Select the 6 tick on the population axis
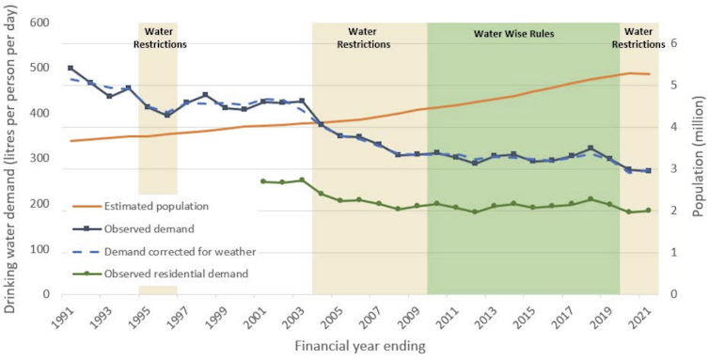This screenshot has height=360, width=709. point(672,43)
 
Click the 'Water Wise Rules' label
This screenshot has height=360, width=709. point(513,34)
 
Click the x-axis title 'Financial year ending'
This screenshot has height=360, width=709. point(360,346)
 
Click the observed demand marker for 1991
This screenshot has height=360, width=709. point(71,69)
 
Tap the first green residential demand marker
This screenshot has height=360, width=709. point(263,181)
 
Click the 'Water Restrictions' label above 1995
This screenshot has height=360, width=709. point(158,38)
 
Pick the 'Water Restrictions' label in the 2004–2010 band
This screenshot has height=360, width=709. point(363,38)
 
